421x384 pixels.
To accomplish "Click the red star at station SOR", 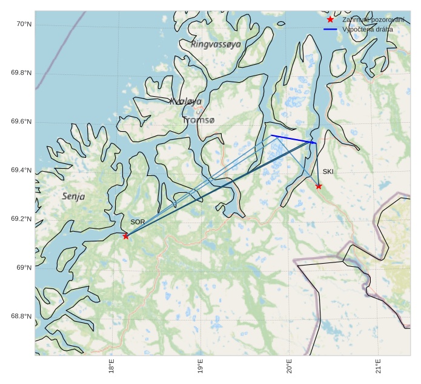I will pyautogui.click(x=126, y=236).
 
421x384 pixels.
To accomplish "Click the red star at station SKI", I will pyautogui.click(x=319, y=186).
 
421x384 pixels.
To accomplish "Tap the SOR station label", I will pyautogui.click(x=138, y=222).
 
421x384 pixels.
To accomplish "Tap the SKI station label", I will pyautogui.click(x=328, y=172).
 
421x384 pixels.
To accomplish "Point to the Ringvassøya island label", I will pyautogui.click(x=216, y=44).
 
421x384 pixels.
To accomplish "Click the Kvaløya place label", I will pyautogui.click(x=186, y=102).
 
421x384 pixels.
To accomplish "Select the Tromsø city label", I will pyautogui.click(x=198, y=120).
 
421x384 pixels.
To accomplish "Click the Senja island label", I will pyautogui.click(x=73, y=197).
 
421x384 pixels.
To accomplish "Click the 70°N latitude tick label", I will pyautogui.click(x=23, y=24).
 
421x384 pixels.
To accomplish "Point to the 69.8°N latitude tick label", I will pyautogui.click(x=21, y=73).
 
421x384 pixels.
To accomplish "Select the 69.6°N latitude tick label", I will pyautogui.click(x=21, y=122).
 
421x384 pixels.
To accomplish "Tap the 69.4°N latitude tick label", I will pyautogui.click(x=21, y=171).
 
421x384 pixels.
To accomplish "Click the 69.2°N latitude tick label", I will pyautogui.click(x=21, y=219).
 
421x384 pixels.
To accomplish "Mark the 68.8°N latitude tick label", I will pyautogui.click(x=21, y=316).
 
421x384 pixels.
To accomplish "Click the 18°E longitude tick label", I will pyautogui.click(x=111, y=366).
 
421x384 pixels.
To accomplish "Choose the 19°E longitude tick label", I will pyautogui.click(x=201, y=366).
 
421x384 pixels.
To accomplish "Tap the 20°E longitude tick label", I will pyautogui.click(x=289, y=366).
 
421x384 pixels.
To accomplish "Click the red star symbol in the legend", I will pyautogui.click(x=330, y=20).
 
